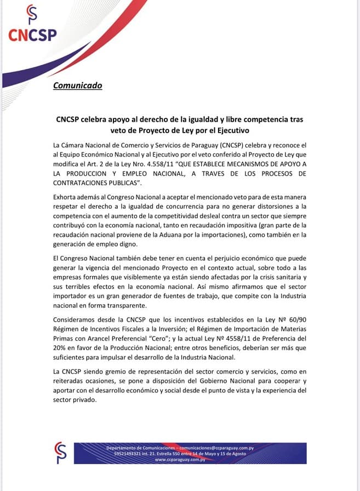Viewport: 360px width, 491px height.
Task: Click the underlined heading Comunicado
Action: [77, 85]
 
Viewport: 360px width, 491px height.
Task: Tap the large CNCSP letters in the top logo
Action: [32, 35]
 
